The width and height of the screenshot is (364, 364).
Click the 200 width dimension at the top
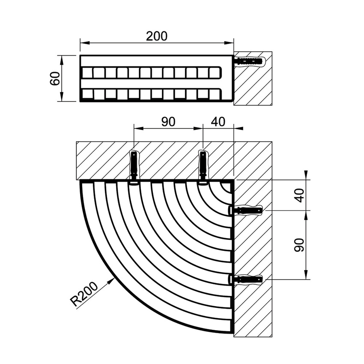(157, 36)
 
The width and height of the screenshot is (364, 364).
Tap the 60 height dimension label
(56, 78)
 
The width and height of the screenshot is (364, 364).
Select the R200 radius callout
(84, 294)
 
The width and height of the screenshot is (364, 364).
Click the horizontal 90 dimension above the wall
(168, 122)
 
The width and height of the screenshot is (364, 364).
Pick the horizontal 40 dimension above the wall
(218, 122)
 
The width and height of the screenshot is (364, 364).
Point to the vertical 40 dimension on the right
(299, 195)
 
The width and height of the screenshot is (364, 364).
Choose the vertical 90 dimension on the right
(299, 245)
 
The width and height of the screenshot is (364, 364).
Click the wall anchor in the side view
(249, 62)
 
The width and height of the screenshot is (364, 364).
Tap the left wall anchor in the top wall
(134, 167)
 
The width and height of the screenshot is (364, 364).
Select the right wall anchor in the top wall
(203, 167)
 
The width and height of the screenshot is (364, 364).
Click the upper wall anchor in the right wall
(245, 210)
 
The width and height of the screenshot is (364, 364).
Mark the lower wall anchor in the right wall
(245, 279)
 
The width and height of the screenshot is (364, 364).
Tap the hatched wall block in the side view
(253, 78)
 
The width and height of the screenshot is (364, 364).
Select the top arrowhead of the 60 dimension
(62, 60)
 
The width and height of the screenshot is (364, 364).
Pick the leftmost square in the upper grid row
(87, 73)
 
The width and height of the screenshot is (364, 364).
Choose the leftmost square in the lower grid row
(87, 94)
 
